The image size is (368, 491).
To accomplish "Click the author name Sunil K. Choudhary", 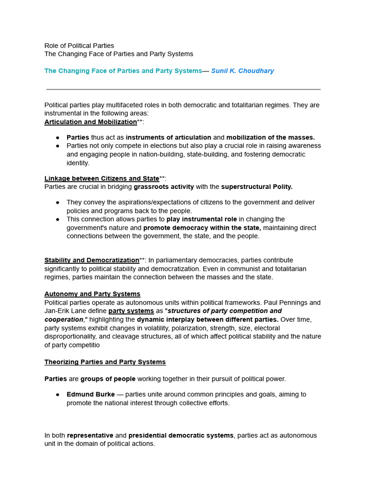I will [x=242, y=71].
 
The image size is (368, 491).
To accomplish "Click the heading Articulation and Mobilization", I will [x=91, y=122].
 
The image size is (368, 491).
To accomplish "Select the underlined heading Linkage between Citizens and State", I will [x=102, y=178].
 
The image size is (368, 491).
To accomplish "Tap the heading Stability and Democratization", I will [x=92, y=260].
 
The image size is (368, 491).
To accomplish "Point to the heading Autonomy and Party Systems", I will [x=92, y=294].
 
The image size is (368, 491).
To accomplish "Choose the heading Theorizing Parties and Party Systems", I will [x=105, y=362].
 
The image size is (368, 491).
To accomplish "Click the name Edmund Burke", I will [x=91, y=394].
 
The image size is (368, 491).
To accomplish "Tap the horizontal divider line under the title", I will [x=184, y=89].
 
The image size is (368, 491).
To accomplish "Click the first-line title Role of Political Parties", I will [x=79, y=46].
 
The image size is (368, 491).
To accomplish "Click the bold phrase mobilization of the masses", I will [x=270, y=138].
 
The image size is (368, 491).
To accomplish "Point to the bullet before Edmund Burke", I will [x=57, y=395].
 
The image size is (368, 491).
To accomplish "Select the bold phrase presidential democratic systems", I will [x=181, y=435].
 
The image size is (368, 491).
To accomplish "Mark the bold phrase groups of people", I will [x=108, y=379].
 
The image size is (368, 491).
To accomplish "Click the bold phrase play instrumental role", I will [x=202, y=219].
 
